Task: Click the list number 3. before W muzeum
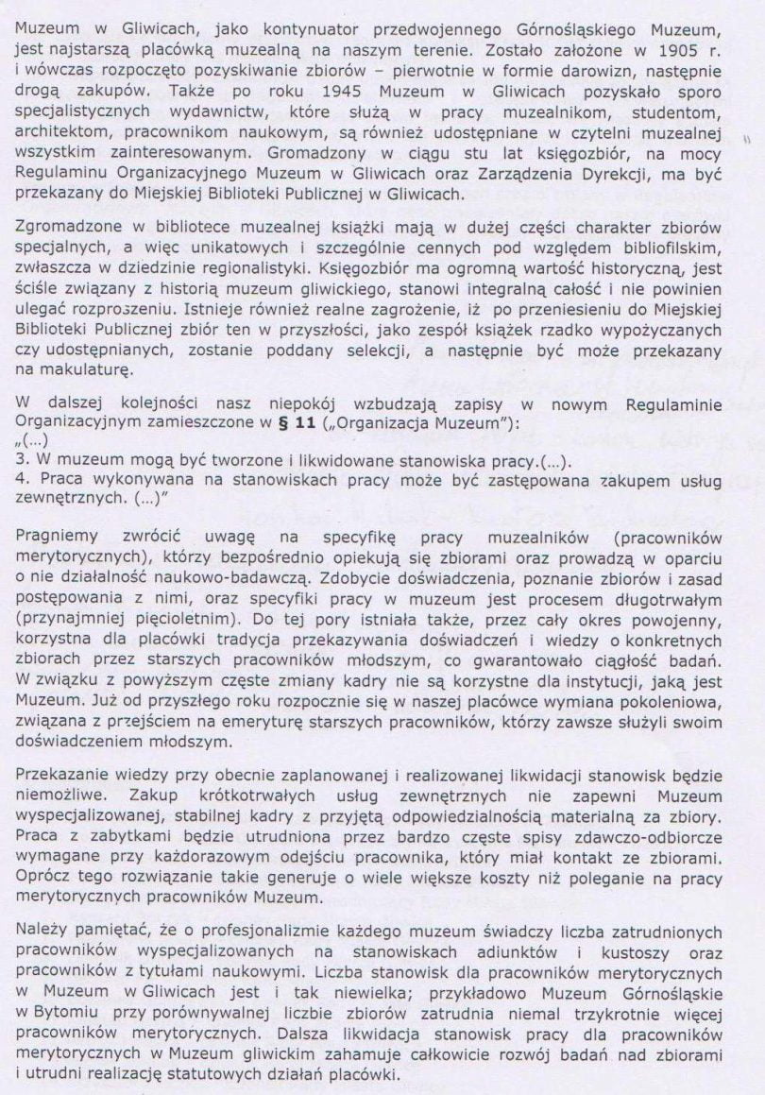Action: (21, 461)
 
